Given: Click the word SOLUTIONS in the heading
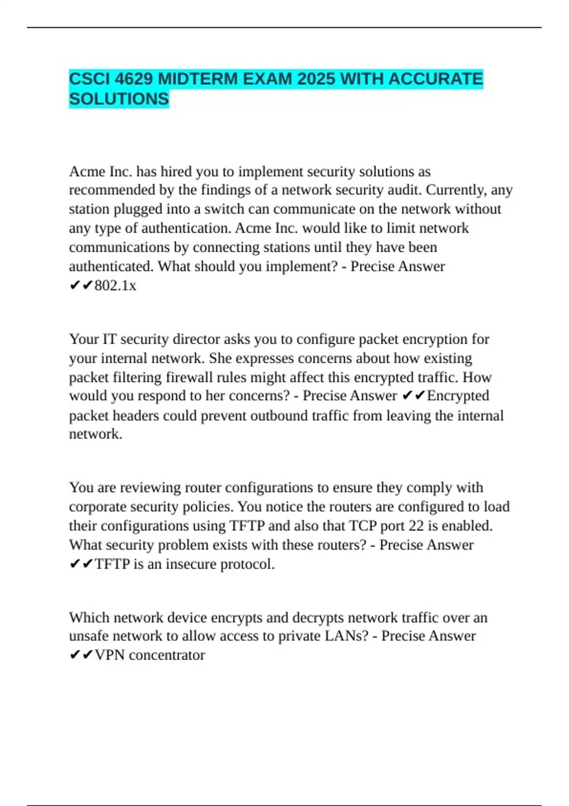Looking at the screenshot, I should click(119, 99).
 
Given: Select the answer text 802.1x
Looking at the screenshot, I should click(115, 285).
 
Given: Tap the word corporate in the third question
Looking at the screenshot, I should click(96, 507).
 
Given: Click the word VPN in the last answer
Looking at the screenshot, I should click(110, 655).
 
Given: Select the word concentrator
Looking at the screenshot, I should click(167, 655).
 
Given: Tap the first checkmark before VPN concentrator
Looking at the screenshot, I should click(75, 655).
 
